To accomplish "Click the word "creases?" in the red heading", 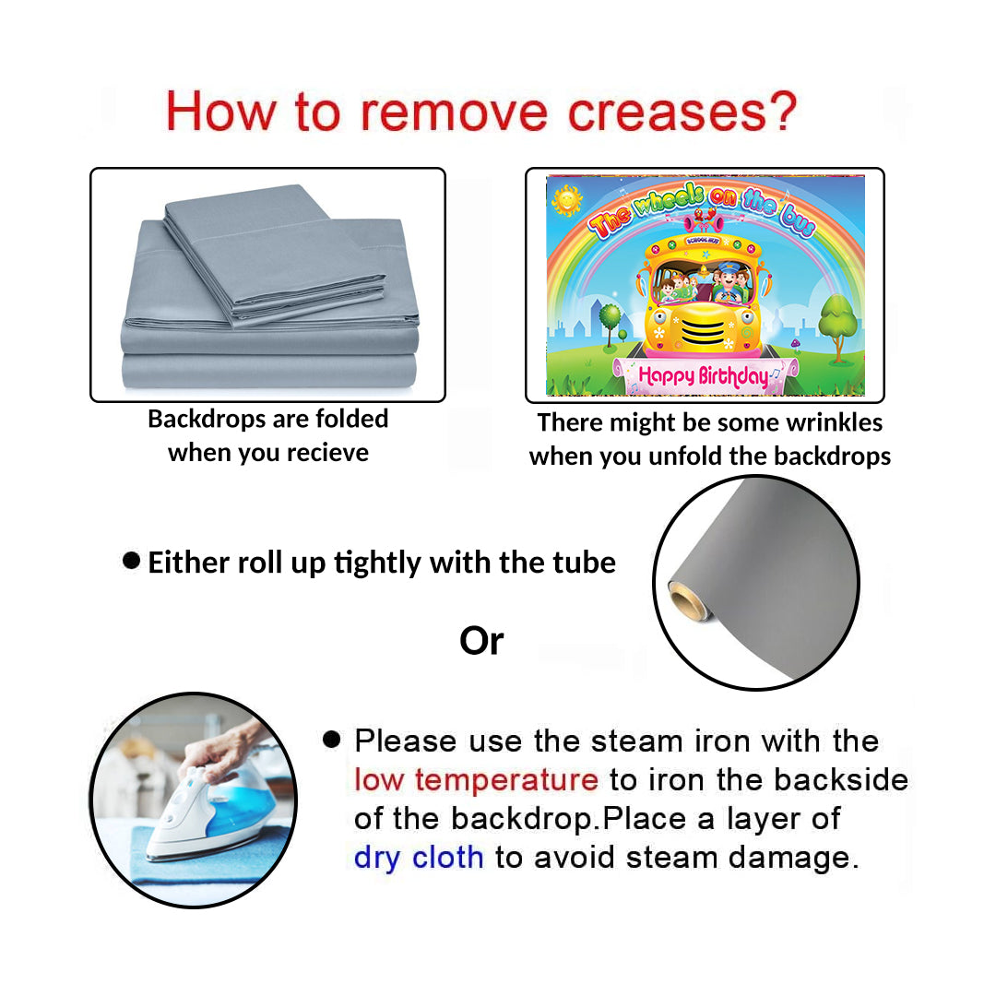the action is pos(682,112).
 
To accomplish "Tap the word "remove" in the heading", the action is pos(454,113).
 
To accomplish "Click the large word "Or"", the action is pos(481,641).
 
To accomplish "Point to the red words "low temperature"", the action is pos(476,780).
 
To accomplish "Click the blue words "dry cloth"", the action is pos(419,858).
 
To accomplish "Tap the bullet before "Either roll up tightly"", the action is pos(132,561).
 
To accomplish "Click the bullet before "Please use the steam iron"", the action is pos(332,739).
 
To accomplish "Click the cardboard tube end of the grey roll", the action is pos(688,600).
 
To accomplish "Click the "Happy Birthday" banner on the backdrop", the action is pos(705,376).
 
